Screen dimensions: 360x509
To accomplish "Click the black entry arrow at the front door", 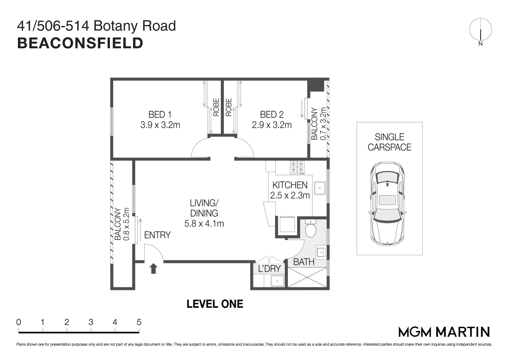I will [153, 268].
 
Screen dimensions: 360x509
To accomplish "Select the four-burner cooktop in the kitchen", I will [297, 167].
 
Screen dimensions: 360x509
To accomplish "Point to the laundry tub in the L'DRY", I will [277, 281].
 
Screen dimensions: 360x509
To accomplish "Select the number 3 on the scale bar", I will [91, 322].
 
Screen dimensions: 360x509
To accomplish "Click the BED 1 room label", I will [160, 115].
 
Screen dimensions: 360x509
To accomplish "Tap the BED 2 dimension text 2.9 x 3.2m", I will [271, 125].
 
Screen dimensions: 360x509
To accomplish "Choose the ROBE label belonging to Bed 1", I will [216, 107].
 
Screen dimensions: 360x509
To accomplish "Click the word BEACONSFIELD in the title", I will [80, 43].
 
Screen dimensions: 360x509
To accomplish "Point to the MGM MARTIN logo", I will [444, 332].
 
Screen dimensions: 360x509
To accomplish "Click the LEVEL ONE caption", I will [215, 304].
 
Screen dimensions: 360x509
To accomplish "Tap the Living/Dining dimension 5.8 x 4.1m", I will [204, 224].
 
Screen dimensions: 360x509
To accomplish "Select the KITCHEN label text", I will [290, 185].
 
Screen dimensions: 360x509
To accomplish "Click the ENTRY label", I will [157, 235].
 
